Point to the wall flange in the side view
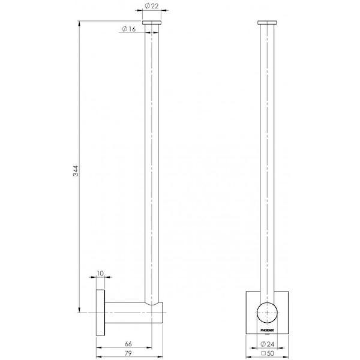[99, 313]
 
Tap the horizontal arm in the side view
[126, 313]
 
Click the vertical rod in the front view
[265, 162]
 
